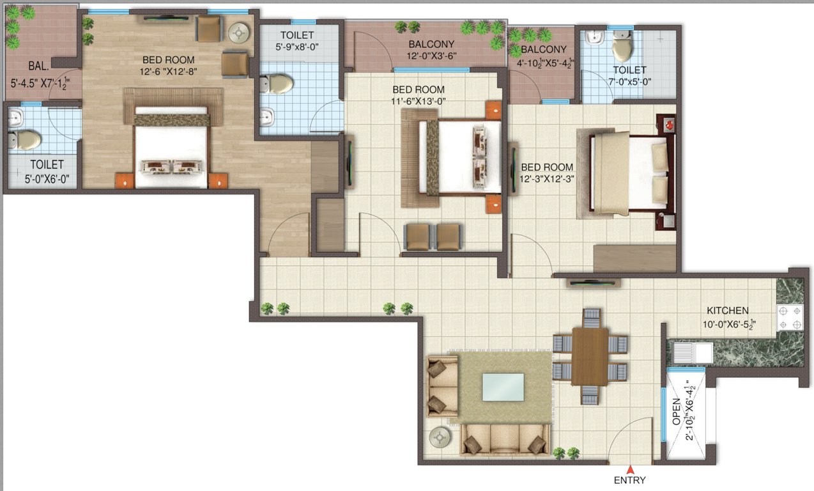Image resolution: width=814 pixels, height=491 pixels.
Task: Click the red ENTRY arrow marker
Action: [631, 469]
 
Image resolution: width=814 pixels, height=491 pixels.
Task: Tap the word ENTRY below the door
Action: [630, 480]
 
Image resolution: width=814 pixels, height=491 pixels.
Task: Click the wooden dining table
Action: [590, 355]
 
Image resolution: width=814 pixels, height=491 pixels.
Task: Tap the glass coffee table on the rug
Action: [502, 387]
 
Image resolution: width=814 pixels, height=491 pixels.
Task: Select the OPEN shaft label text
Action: [677, 412]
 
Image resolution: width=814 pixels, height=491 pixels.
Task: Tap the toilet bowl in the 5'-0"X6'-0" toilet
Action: [26, 139]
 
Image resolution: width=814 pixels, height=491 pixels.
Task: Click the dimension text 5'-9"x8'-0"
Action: [298, 47]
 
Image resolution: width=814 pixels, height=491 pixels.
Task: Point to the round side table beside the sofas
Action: [441, 437]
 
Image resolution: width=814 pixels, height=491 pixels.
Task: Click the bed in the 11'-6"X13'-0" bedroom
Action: [460, 157]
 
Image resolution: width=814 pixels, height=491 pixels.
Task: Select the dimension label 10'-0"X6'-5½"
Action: [728, 324]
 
